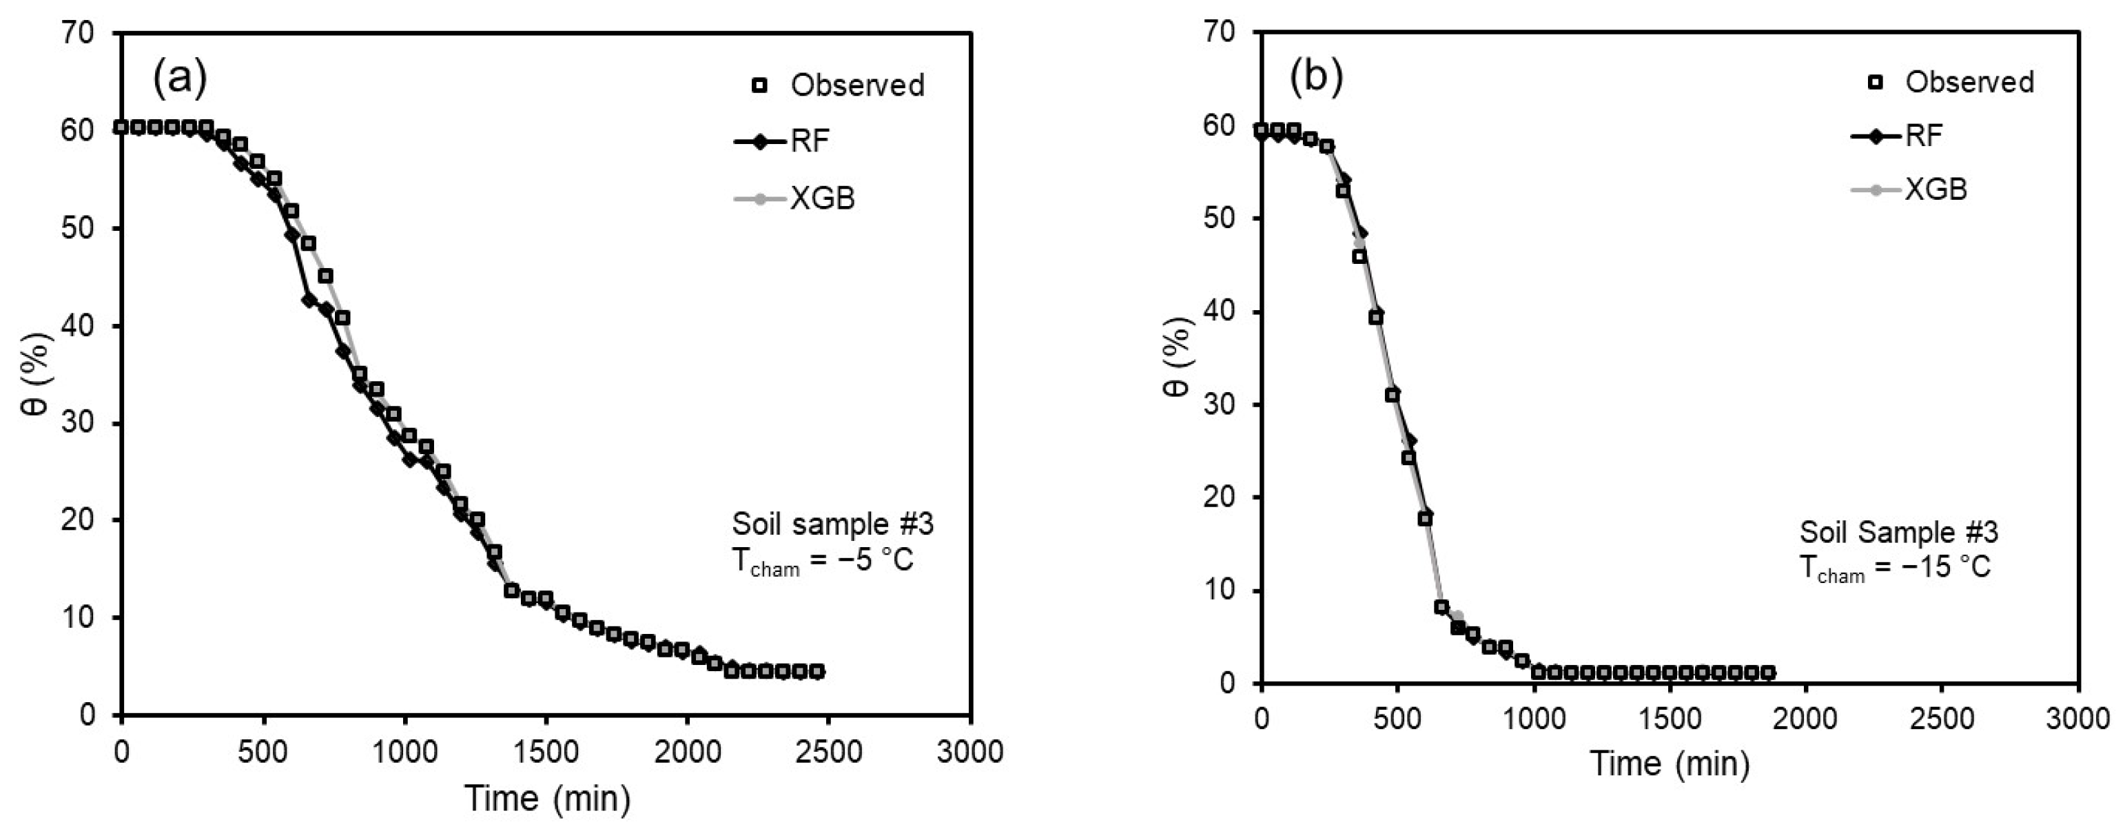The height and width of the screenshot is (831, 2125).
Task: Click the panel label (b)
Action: [1316, 76]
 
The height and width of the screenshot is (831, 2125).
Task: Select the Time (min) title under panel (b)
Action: [1670, 763]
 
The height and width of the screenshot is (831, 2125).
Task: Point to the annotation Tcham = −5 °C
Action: [823, 561]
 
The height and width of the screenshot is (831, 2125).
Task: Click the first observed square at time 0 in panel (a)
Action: [121, 127]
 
